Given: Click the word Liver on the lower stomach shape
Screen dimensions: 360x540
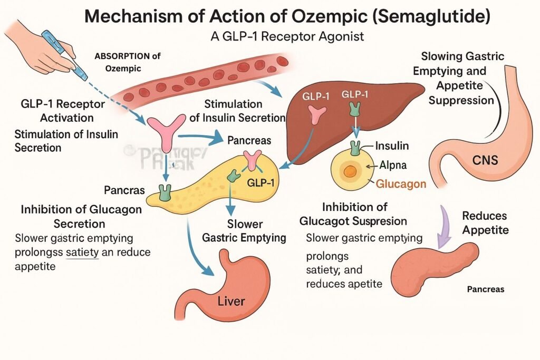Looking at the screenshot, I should (232, 302).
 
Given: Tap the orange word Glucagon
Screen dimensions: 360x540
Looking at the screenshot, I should (401, 183).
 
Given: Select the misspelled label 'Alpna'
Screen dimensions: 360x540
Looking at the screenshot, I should (393, 165).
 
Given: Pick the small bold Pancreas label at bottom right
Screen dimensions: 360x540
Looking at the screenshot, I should (485, 289).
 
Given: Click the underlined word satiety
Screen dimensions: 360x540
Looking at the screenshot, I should (83, 252).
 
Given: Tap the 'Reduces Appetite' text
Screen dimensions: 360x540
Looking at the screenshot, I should (485, 222).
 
